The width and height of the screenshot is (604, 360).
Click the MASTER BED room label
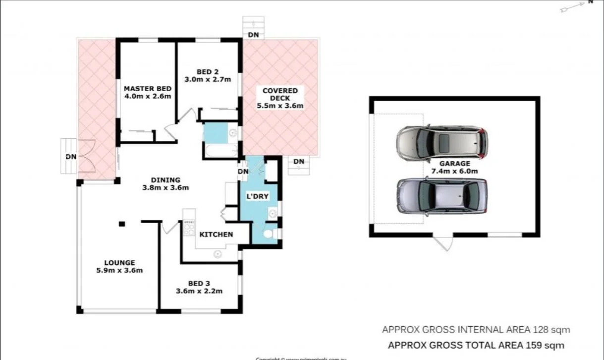pos(147,89)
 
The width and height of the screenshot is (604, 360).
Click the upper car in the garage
pos(442,143)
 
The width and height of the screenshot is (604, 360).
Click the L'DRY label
pos(258,196)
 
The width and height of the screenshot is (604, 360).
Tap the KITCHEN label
pos(216,234)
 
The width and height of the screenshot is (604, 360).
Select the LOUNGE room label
pos(119,262)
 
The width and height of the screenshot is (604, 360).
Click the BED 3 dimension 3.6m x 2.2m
pos(199,291)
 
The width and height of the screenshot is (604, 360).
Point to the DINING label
pos(165,180)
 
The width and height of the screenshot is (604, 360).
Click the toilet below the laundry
pos(270,234)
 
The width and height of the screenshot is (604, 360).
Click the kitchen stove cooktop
pos(189,229)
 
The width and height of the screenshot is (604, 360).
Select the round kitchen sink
pos(218,254)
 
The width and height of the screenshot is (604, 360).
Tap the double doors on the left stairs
pos(87,156)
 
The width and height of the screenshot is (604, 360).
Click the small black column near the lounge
pos(121,224)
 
